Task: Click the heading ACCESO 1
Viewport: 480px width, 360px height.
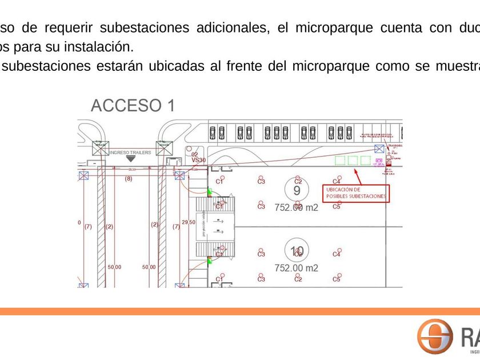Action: click(133, 105)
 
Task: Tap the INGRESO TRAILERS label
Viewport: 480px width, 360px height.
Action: click(130, 153)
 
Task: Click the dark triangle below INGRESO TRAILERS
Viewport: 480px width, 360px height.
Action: click(131, 159)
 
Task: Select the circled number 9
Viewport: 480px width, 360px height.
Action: click(297, 190)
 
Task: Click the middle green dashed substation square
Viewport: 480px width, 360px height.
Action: click(353, 161)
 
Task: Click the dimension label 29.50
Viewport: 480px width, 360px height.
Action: click(188, 222)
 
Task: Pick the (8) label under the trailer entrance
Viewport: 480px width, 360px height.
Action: click(128, 179)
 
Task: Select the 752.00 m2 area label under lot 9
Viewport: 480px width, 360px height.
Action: click(296, 207)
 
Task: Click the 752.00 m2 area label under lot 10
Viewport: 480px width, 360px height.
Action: click(296, 267)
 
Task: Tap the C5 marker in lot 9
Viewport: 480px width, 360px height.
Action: click(337, 206)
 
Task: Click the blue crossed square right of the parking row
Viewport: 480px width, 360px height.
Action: click(378, 149)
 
